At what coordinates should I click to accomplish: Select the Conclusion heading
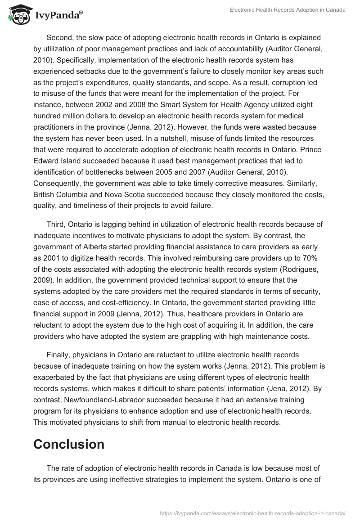pos(69,444)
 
